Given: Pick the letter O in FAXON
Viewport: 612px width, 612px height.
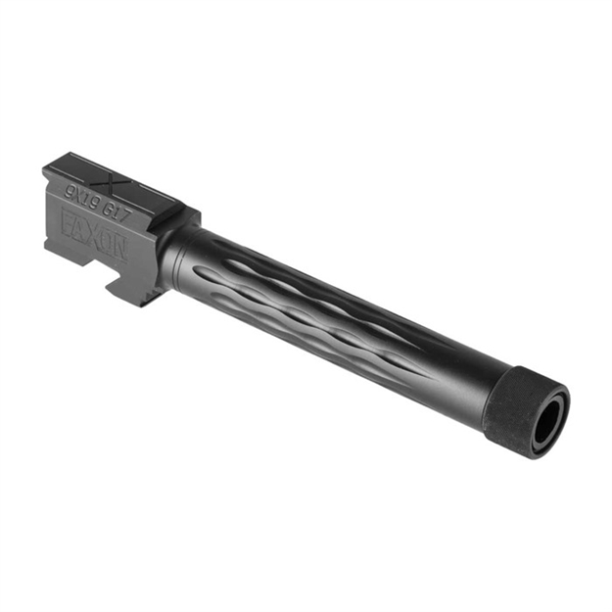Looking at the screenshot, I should point(106,240).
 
